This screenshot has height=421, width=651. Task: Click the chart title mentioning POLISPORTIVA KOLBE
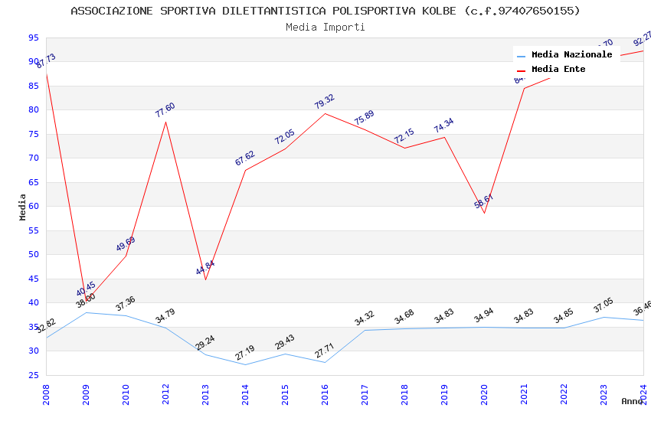coord(325,11)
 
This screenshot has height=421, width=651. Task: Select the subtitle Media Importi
coord(325,27)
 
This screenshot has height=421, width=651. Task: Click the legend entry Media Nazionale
coord(571,54)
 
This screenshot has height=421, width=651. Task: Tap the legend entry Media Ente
coord(558,69)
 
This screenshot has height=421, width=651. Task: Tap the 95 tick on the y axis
coord(33,38)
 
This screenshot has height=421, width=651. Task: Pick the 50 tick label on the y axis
coord(33,255)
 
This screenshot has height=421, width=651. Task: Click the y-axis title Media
coord(23,207)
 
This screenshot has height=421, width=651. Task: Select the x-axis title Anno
coord(632,401)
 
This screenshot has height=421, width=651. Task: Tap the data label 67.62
coord(244,158)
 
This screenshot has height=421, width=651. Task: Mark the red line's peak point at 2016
coord(325,113)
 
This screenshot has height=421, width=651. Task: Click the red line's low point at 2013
coord(205,279)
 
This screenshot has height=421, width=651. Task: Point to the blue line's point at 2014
coord(245,364)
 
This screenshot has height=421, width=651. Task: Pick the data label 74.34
coord(443,126)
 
